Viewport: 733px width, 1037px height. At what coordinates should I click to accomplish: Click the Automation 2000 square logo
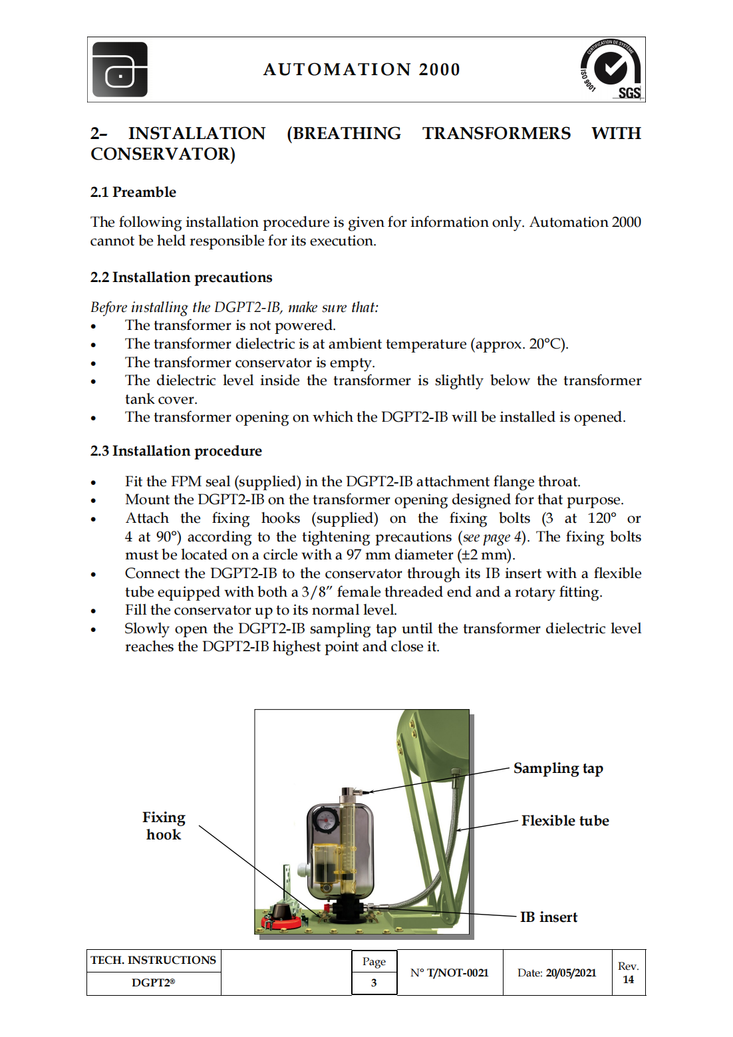(x=120, y=70)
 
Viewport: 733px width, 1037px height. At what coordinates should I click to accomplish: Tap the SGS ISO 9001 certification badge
(x=611, y=70)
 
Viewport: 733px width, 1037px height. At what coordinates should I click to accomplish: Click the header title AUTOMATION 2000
(x=362, y=70)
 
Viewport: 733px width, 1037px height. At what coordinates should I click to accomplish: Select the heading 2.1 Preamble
(x=133, y=192)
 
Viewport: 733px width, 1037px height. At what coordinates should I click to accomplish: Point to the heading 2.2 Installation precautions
(x=181, y=277)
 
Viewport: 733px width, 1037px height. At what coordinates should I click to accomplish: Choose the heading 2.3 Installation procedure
(x=176, y=451)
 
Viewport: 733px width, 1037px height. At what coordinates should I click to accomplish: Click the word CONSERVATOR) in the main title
(x=163, y=154)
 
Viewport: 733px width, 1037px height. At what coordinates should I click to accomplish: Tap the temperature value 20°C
(x=547, y=344)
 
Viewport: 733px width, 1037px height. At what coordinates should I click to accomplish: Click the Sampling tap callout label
(x=558, y=768)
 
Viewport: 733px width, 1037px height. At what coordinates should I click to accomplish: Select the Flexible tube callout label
(x=565, y=821)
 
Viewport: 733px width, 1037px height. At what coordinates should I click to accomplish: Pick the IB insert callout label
(x=548, y=917)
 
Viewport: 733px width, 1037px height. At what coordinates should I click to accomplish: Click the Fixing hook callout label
(x=164, y=825)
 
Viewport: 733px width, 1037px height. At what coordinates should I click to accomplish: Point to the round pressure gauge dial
(x=326, y=820)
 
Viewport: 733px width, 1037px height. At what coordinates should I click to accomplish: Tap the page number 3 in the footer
(x=374, y=982)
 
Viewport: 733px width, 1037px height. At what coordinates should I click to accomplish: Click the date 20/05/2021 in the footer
(x=571, y=972)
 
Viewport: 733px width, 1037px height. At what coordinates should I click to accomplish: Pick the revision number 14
(x=629, y=980)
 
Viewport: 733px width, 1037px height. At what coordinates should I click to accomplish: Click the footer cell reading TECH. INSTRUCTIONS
(x=153, y=961)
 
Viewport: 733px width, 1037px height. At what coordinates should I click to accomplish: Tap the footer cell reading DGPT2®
(x=153, y=983)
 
